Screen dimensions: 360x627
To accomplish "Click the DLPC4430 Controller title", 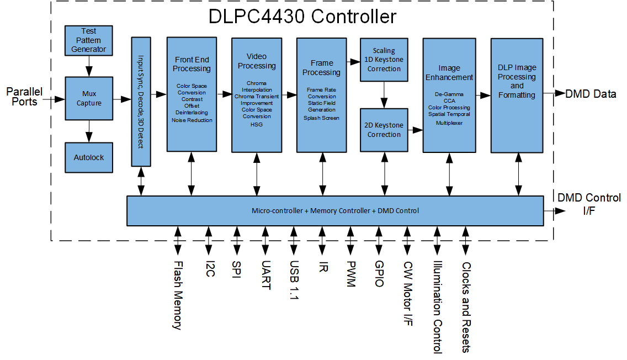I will tap(302, 17).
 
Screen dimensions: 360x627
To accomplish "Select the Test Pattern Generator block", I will tap(89, 40).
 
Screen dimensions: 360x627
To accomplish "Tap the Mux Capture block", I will tap(89, 98).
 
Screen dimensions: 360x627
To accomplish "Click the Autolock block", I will tap(89, 157).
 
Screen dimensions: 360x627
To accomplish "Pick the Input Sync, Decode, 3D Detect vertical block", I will tap(141, 102).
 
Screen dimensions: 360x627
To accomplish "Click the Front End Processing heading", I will tap(192, 64).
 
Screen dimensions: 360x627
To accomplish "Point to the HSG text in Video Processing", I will tap(257, 125).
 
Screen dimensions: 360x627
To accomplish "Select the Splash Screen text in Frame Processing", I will tap(321, 118).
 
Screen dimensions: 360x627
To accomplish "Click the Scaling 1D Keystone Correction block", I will tap(384, 60).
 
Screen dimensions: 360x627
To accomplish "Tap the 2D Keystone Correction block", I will tap(384, 130).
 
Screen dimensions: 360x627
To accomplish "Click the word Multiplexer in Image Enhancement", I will tap(449, 123).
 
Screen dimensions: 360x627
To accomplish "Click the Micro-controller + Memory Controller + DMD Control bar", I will tap(335, 210).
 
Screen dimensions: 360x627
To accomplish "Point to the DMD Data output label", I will tap(590, 94).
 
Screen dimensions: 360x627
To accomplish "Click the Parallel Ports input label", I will tap(25, 96).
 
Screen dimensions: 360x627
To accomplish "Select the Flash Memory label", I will tap(177, 295).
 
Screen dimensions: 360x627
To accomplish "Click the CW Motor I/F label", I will tap(408, 294).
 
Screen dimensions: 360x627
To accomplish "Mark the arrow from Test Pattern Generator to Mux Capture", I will tap(89, 66).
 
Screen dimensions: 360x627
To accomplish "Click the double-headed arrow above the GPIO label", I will tap(379, 239).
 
